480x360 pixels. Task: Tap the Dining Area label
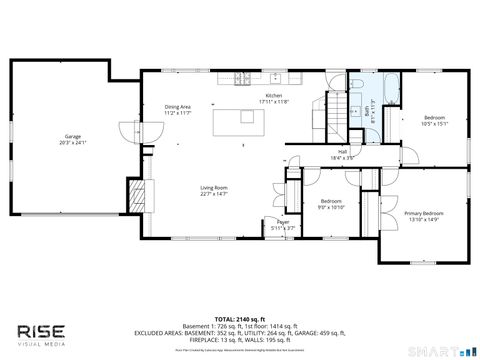[x=179, y=108]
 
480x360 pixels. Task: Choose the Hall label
[x=343, y=152]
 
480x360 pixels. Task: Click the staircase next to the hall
[x=337, y=105]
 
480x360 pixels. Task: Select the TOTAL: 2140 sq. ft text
[x=240, y=311]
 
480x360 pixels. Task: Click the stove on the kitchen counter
[x=241, y=78]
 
